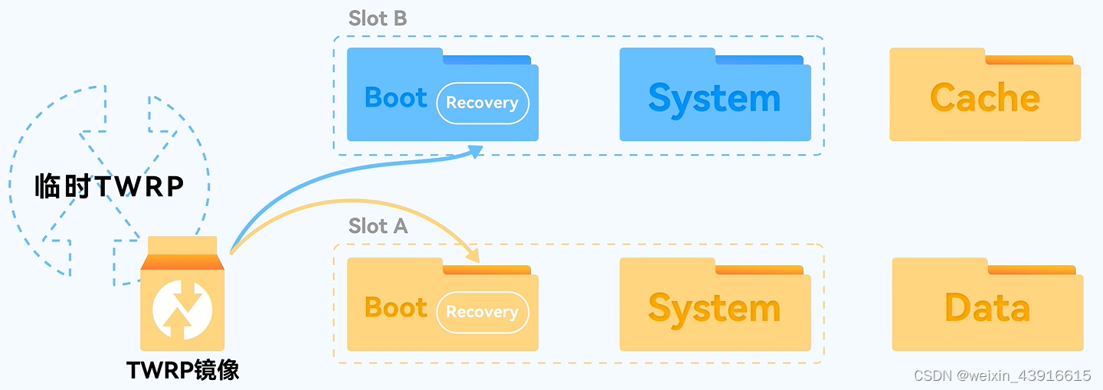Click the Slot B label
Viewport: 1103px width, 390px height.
378,18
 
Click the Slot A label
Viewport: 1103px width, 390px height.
378,227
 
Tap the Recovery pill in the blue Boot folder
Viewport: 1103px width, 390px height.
483,103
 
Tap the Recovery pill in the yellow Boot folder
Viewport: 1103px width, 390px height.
483,313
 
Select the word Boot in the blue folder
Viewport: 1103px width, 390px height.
396,98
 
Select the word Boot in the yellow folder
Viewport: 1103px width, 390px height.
396,308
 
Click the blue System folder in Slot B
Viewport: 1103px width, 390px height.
715,100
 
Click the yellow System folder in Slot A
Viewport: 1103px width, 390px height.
715,308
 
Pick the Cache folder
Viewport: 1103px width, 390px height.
985,100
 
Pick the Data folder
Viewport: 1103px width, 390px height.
987,308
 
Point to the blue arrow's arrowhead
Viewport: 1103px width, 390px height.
476,151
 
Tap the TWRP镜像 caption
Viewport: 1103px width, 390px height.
183,371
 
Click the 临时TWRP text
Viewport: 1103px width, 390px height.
110,186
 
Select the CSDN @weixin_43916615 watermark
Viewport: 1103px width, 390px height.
1003,375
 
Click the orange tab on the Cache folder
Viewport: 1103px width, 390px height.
1029,60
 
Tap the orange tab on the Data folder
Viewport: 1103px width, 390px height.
1032,270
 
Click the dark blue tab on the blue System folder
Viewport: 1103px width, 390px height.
759,60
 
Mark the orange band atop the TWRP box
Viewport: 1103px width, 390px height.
182,262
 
